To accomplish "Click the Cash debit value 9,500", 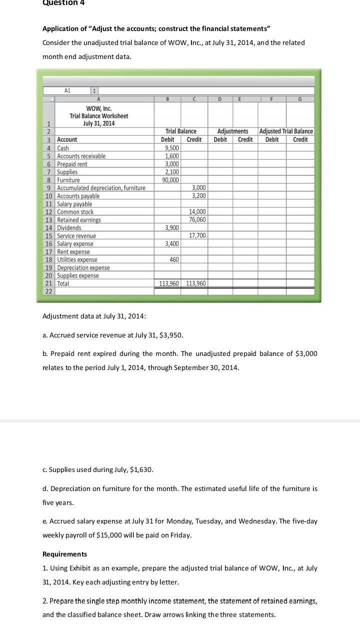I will click(x=171, y=148).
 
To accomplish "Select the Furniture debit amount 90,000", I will click(x=170, y=180).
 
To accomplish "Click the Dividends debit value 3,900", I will click(x=171, y=227).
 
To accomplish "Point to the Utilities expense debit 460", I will click(x=174, y=259).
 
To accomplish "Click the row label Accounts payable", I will click(x=78, y=196).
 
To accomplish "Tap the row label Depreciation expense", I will click(x=83, y=267).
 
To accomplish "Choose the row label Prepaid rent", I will click(x=72, y=164).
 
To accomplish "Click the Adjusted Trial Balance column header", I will click(x=286, y=131).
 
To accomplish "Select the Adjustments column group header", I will click(x=232, y=131).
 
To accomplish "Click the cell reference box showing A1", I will click(x=67, y=91).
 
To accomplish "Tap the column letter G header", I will click(x=300, y=99).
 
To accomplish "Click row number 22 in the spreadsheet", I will click(x=49, y=291).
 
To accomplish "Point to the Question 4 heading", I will click(x=63, y=3).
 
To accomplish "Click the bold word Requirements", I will click(x=64, y=554).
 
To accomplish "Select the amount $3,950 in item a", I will click(x=171, y=335).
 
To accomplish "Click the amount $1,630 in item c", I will click(x=141, y=469).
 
